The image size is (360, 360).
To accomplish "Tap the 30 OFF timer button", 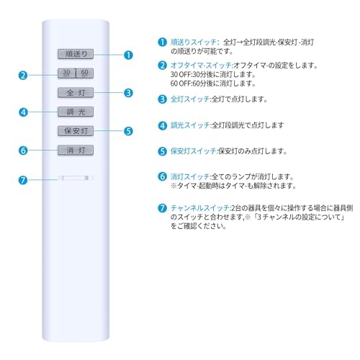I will (66, 73).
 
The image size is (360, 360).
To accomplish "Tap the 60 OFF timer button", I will (86, 73).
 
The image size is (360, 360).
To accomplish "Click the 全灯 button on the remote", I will (76, 92).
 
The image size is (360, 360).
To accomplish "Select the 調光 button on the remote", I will (76, 112).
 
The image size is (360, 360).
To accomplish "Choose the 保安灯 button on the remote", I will (76, 131).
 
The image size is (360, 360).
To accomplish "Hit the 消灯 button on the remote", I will (76, 150).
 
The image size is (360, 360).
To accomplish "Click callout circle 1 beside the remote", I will (128, 54).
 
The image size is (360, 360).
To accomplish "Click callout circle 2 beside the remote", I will (24, 73).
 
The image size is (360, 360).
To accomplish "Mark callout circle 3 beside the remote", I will (128, 93).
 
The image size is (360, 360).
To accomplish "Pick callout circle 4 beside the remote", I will (24, 112).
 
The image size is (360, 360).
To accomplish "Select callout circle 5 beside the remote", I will (128, 132).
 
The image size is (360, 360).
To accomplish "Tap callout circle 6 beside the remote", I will (24, 150).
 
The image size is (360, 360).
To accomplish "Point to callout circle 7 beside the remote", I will (24, 179).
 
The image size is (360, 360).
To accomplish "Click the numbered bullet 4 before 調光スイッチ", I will (163, 125).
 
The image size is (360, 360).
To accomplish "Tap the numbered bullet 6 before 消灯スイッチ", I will (163, 176).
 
